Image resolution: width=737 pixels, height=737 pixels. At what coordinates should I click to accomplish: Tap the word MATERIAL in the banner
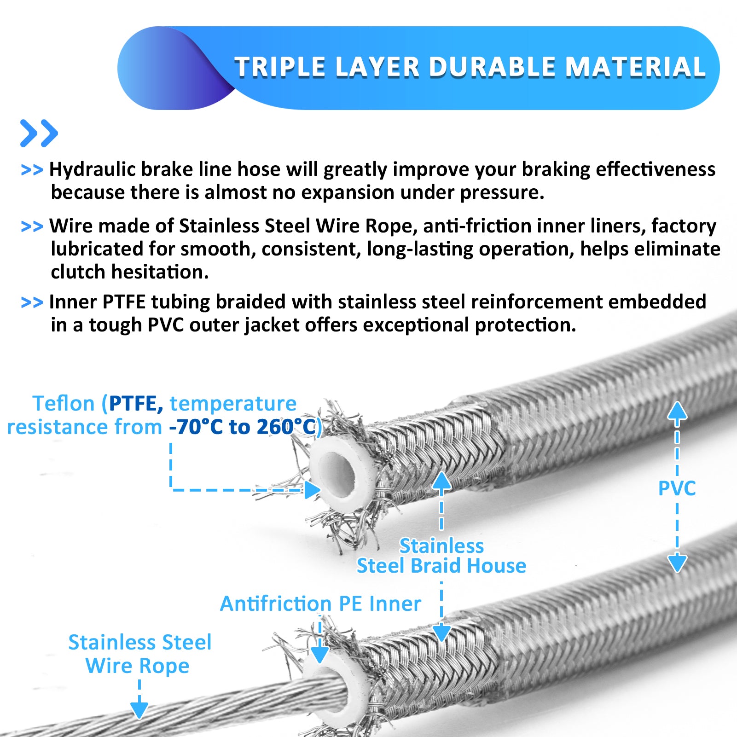(636, 67)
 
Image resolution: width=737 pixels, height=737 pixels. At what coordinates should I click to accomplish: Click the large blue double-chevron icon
(39, 133)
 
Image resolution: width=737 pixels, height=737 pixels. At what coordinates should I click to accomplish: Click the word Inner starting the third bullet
(73, 302)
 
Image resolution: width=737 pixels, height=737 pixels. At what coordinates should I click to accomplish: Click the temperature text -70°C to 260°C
(243, 427)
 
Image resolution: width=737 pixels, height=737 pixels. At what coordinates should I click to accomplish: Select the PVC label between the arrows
(677, 488)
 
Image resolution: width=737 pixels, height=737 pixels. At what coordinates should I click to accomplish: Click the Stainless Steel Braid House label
(441, 556)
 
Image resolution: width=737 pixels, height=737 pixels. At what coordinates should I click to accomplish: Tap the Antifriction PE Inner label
(320, 604)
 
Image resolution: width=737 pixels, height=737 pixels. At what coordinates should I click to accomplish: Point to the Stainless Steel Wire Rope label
(139, 654)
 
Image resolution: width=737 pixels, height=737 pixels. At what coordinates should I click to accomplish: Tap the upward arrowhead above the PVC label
(677, 411)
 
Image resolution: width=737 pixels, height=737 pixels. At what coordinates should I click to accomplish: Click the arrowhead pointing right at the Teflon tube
(313, 490)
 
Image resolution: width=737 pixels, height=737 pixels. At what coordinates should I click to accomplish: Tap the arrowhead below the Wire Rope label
(139, 710)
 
